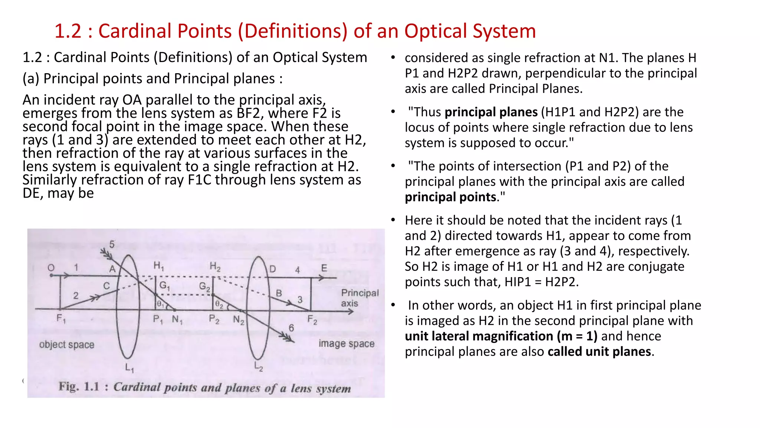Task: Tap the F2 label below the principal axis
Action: [312, 320]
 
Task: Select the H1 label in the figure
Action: [158, 266]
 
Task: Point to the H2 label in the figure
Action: [215, 266]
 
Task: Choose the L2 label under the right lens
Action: [259, 367]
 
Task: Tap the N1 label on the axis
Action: [177, 320]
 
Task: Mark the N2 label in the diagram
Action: [239, 320]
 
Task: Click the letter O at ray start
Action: [51, 267]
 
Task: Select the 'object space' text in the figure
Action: [67, 345]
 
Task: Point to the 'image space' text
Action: [346, 344]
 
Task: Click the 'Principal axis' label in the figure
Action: [359, 298]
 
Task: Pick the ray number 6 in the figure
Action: [291, 328]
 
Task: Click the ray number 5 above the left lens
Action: [112, 244]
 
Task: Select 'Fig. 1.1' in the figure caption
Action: [79, 387]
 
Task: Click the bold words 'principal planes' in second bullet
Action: [491, 112]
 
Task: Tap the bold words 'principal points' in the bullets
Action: [451, 197]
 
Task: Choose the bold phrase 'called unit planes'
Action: [599, 351]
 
